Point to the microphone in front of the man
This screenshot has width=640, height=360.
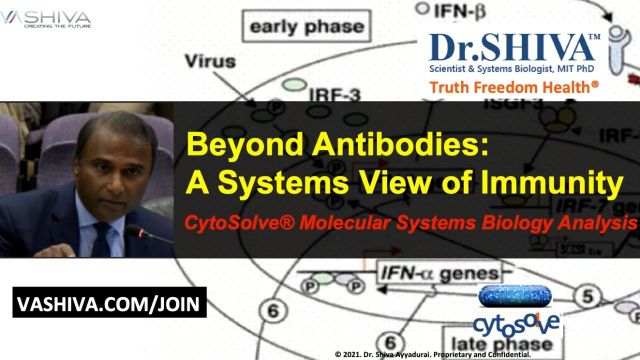140,237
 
